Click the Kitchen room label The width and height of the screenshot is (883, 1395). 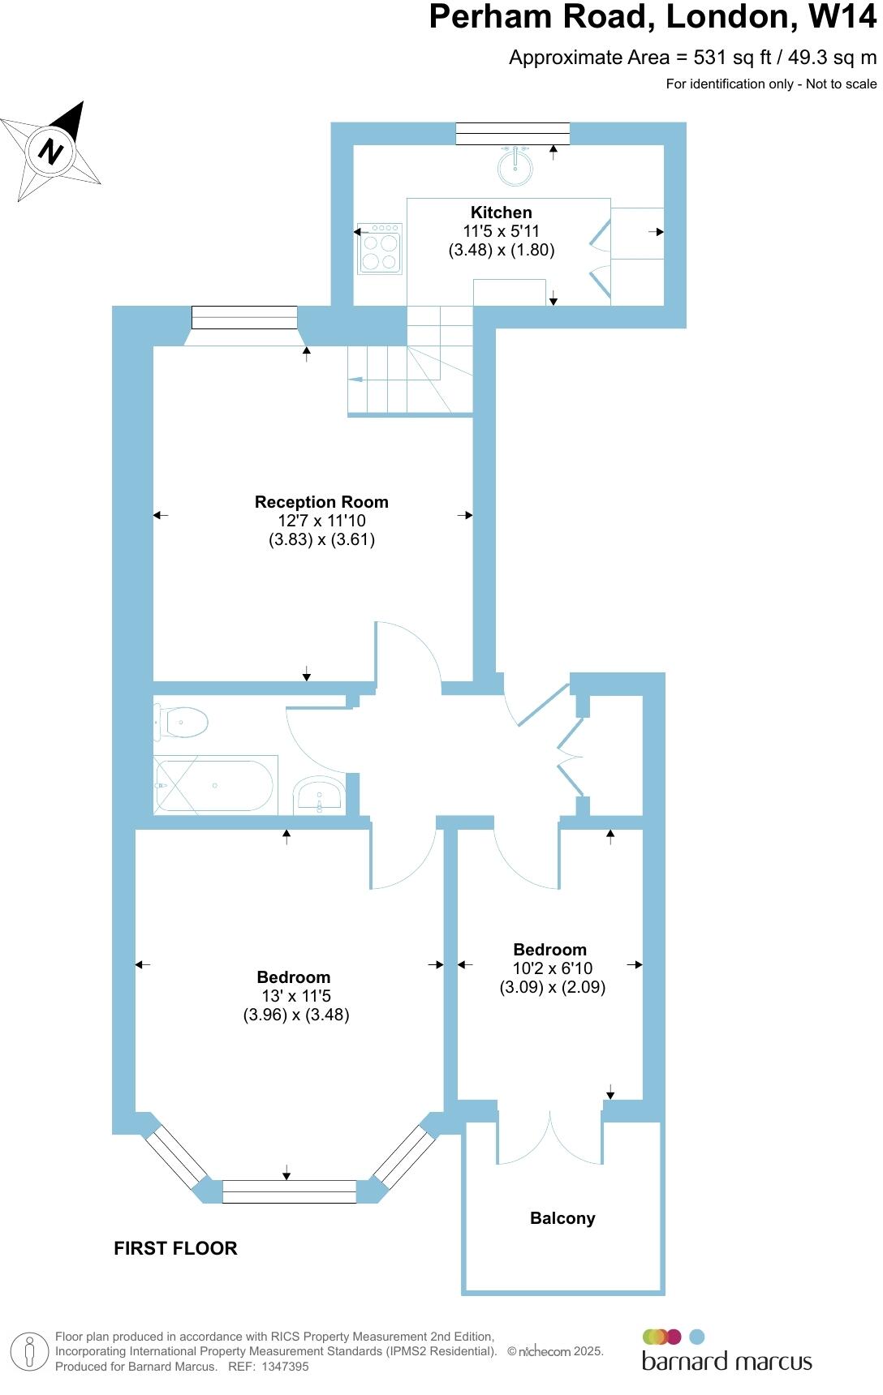pyautogui.click(x=502, y=212)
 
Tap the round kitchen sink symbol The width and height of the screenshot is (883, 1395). pyautogui.click(x=515, y=165)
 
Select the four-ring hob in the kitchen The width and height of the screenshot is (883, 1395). pyautogui.click(x=380, y=249)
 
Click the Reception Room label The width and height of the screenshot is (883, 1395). pyautogui.click(x=321, y=502)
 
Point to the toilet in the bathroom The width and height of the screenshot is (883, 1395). pyautogui.click(x=182, y=721)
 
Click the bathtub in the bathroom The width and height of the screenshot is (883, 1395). pyautogui.click(x=216, y=785)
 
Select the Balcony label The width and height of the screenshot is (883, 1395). pyautogui.click(x=562, y=1218)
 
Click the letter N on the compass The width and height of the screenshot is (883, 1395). pyautogui.click(x=51, y=151)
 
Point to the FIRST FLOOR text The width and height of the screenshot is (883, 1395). pyautogui.click(x=175, y=1248)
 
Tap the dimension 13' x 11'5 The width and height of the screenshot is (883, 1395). pyautogui.click(x=295, y=996)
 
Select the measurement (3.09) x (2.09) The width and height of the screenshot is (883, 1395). pyautogui.click(x=553, y=987)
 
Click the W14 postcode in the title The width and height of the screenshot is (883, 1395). pyautogui.click(x=842, y=17)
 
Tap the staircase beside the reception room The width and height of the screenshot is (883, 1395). pyautogui.click(x=410, y=362)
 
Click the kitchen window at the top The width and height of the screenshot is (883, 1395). pyautogui.click(x=512, y=134)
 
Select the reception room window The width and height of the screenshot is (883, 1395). pyautogui.click(x=244, y=317)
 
